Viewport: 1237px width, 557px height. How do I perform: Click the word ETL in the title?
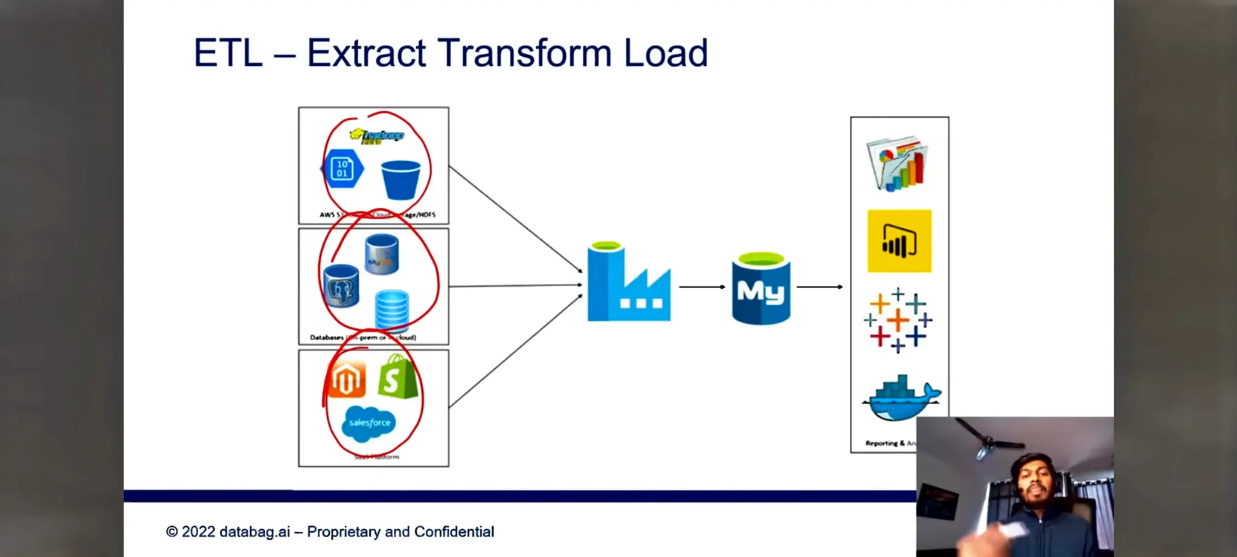click(x=228, y=53)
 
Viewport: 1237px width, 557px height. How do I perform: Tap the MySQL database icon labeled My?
click(x=761, y=289)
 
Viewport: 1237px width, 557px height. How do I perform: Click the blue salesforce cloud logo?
click(x=369, y=422)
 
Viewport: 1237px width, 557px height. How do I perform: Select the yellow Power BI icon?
click(x=899, y=241)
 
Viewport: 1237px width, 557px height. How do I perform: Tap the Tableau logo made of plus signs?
click(x=898, y=320)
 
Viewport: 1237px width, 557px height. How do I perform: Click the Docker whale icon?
click(x=900, y=399)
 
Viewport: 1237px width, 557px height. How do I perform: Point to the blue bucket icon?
click(x=400, y=179)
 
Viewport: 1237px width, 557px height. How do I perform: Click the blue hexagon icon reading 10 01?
click(x=342, y=169)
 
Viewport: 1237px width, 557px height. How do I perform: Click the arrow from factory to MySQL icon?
click(x=701, y=287)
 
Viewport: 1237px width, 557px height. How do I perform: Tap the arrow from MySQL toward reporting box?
click(x=819, y=287)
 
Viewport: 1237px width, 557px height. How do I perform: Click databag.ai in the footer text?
click(x=254, y=532)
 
